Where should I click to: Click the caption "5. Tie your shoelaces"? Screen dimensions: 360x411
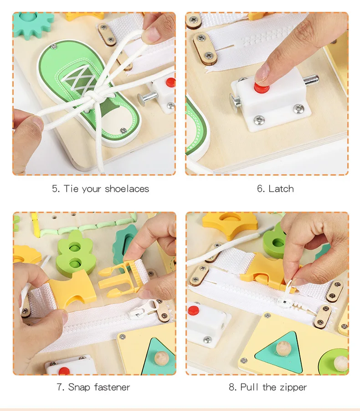point(101,189)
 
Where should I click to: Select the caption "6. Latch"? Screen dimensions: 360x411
point(275,189)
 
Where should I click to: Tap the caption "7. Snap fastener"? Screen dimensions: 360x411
point(93,387)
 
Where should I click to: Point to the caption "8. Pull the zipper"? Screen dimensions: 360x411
point(268,387)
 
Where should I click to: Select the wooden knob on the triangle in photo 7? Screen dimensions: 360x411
point(161,359)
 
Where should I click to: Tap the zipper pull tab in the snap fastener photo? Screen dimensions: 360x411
point(143,309)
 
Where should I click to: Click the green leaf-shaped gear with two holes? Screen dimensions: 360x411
point(75,254)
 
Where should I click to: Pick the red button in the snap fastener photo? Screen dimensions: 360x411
point(64,371)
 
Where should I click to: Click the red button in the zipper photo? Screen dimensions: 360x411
point(194,310)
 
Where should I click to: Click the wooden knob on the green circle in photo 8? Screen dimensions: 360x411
point(341,364)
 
